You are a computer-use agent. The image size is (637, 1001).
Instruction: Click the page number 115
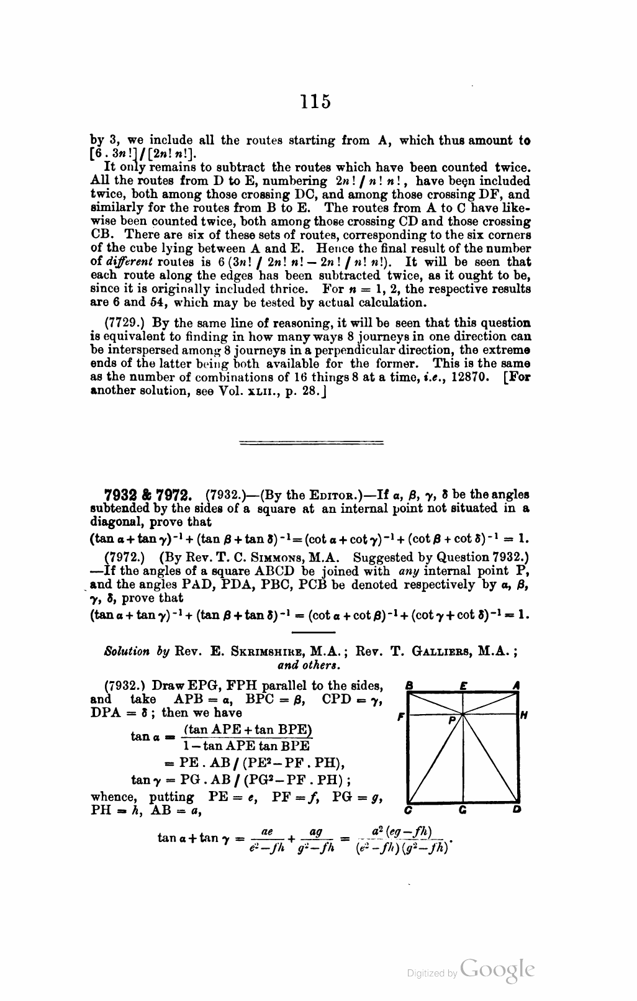click(x=314, y=101)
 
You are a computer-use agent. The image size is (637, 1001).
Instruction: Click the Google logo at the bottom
click(x=497, y=971)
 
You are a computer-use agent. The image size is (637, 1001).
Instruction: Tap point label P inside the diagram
click(x=453, y=721)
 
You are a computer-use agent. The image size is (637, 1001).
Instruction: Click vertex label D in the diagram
click(x=518, y=810)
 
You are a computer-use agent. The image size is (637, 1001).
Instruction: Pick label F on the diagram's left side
click(x=401, y=715)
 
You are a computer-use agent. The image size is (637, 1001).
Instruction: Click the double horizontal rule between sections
click(x=311, y=443)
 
